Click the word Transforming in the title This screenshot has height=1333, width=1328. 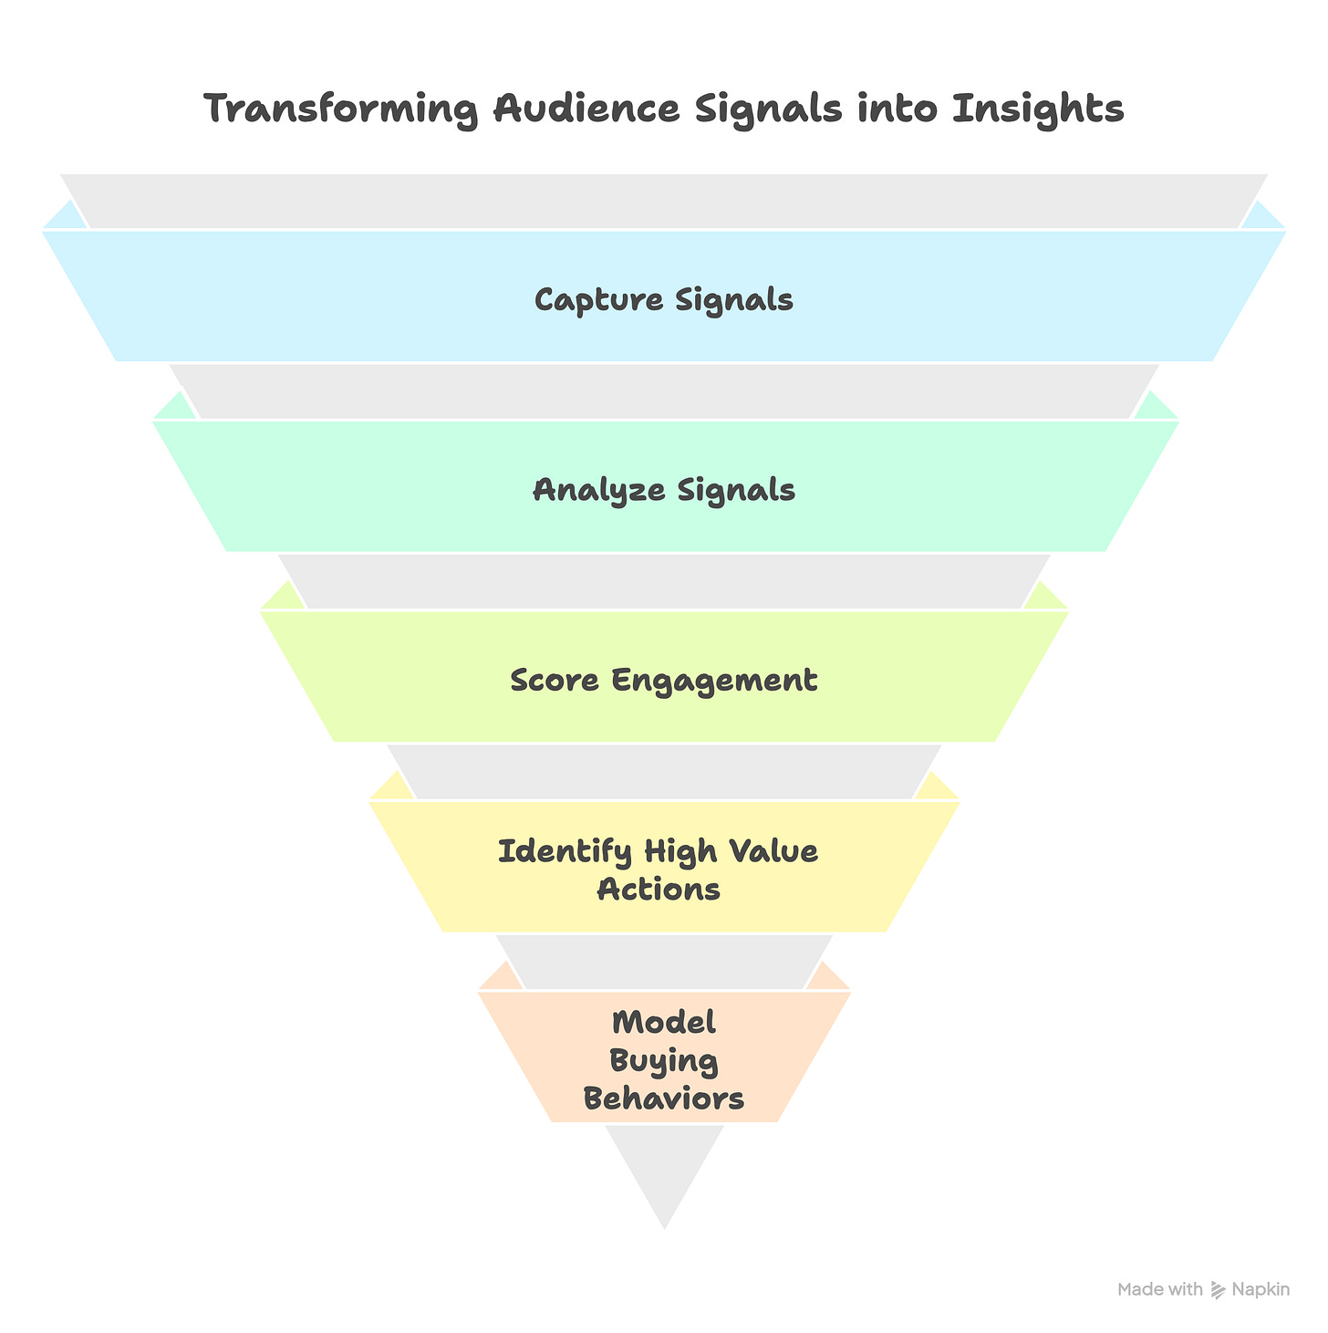342,110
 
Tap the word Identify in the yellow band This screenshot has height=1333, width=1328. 565,852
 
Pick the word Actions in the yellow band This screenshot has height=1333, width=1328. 659,889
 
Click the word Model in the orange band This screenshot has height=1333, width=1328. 664,1023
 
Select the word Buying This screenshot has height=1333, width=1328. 664,1061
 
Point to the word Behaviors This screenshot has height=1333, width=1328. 664,1099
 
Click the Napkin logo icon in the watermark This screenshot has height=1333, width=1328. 1218,1289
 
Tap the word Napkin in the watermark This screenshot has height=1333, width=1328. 1261,1289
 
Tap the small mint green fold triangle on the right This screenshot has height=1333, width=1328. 1156,406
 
